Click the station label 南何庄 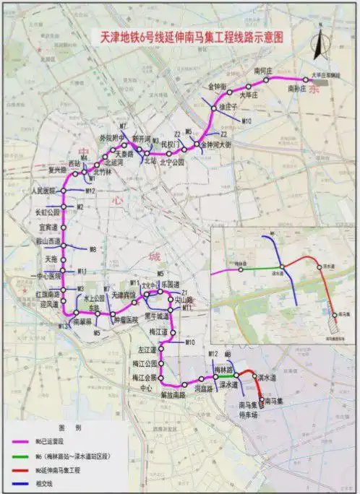262,70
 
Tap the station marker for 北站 150,151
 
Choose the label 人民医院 44,191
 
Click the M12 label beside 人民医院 90,191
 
